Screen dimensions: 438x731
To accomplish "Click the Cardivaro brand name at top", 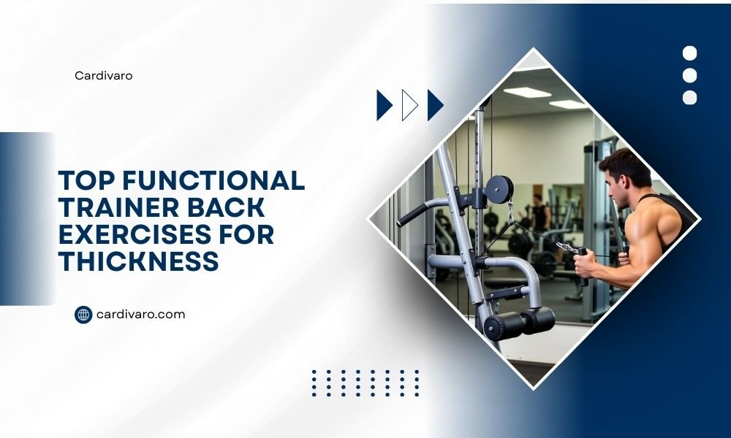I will (x=104, y=75).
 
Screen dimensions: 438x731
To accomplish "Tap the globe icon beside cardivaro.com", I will (x=83, y=315).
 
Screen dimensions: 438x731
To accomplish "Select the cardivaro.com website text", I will (x=141, y=315).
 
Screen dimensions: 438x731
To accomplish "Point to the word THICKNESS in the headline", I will (x=139, y=261).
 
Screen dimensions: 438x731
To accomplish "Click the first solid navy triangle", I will (x=383, y=105).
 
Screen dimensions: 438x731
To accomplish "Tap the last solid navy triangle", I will (x=434, y=105).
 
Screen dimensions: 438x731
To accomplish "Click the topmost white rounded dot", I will (x=689, y=53).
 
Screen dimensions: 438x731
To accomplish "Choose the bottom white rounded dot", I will (x=689, y=98).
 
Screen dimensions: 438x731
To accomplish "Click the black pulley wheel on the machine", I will (x=500, y=188).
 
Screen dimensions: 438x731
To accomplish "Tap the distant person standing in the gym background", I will (x=540, y=212).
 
